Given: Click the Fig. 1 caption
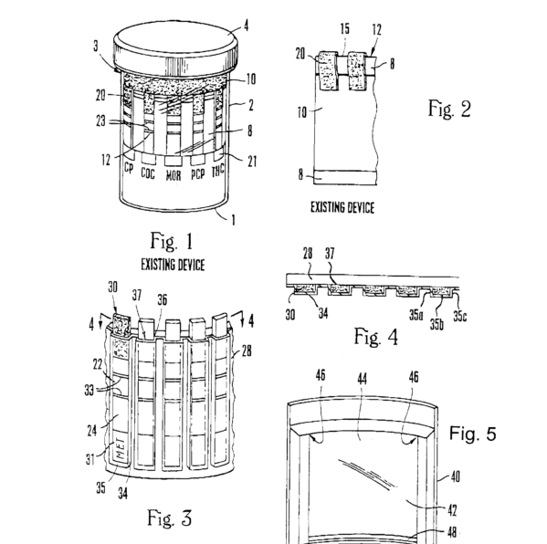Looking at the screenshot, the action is tap(172, 241).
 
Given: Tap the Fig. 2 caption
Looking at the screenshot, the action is tap(449, 109).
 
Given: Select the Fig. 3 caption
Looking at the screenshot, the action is tap(170, 518).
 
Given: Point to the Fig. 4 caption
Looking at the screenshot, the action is tap(376, 337).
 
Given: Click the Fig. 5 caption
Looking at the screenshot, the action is tap(473, 434).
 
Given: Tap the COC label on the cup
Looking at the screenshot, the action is tap(148, 173).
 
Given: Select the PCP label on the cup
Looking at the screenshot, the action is tap(198, 174).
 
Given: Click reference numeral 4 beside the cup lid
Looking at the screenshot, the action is tap(247, 26).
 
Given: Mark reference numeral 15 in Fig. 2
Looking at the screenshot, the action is tap(344, 28).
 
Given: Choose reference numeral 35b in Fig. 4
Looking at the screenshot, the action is tap(437, 324).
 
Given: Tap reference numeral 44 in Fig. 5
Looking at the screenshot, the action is tap(363, 379).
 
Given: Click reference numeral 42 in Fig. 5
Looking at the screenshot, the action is tap(452, 510).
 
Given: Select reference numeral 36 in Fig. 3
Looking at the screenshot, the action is tap(163, 300).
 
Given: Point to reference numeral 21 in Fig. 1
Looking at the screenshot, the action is tap(252, 162).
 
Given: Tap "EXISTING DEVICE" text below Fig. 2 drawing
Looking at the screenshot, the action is tap(342, 208).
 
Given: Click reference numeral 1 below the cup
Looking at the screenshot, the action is tap(234, 220).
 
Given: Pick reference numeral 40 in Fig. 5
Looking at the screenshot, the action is tap(456, 476).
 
